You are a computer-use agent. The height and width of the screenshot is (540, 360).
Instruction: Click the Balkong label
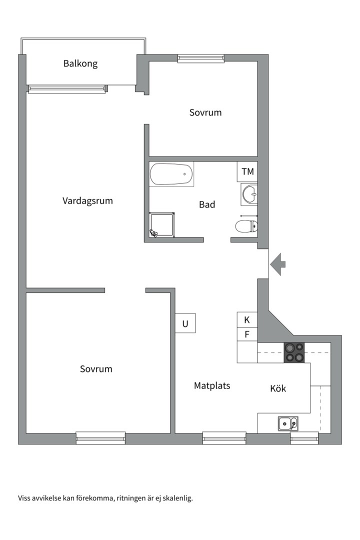tap(80, 63)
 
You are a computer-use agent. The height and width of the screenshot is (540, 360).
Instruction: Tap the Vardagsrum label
tap(87, 201)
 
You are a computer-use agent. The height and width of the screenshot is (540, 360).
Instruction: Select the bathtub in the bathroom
tap(171, 174)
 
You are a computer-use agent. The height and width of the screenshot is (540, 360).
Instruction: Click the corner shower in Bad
tap(162, 225)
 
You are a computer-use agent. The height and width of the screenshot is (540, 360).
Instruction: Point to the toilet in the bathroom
tap(246, 225)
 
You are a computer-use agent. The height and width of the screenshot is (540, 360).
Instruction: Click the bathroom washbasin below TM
tap(249, 194)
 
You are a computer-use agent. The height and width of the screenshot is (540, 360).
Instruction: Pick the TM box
tap(247, 171)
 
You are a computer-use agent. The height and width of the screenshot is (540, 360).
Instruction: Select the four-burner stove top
tap(294, 352)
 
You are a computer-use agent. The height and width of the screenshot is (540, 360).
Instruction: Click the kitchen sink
tap(288, 423)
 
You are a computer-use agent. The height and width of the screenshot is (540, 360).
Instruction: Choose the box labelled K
tap(247, 320)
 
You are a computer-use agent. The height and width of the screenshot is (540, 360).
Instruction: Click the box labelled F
tap(247, 334)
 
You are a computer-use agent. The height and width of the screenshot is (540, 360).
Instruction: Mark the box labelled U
tap(185, 323)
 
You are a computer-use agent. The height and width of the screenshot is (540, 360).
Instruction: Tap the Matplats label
tap(212, 385)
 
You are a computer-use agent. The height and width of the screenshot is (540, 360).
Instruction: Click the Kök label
tap(278, 388)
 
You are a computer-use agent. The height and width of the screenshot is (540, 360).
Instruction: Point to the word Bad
tap(207, 204)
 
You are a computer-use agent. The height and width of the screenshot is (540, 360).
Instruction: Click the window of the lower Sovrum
tap(100, 437)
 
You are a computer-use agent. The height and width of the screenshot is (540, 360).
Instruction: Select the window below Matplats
tap(224, 437)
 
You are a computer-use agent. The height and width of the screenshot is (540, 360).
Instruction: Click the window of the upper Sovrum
tap(201, 58)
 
